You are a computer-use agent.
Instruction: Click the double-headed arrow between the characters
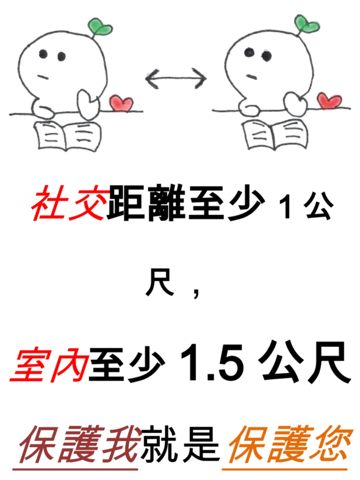(176, 78)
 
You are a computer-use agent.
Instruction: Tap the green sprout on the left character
(99, 26)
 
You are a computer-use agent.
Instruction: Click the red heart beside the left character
(121, 103)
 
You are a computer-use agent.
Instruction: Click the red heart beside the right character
(329, 100)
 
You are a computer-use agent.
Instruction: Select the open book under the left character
(67, 136)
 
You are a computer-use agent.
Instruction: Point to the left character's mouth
(43, 76)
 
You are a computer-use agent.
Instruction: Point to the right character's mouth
(252, 76)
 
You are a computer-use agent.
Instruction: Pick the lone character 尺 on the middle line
(159, 282)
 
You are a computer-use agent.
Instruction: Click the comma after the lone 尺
(196, 293)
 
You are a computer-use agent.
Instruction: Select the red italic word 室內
(49, 365)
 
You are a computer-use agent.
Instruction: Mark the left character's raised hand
(88, 104)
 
